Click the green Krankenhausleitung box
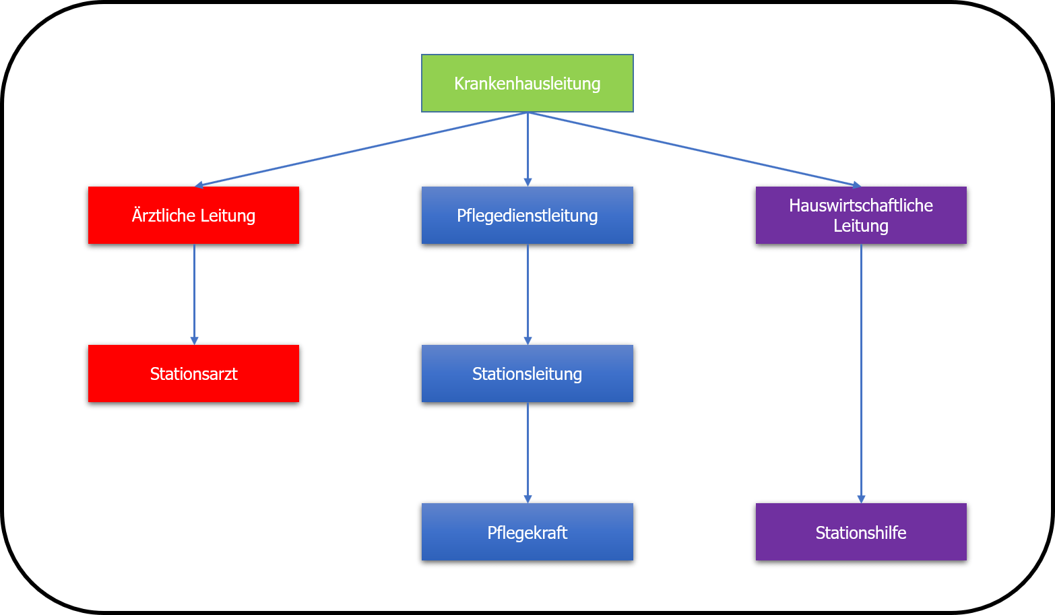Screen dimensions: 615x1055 coord(527,84)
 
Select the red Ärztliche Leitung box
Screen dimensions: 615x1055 coord(193,216)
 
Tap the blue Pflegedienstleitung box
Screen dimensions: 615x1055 coord(527,216)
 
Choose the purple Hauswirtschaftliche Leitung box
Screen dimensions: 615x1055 coord(860,216)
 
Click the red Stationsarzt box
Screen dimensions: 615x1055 coord(193,374)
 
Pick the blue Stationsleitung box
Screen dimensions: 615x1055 coord(527,374)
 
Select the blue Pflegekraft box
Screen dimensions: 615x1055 coord(527,532)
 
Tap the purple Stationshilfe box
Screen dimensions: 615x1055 coord(860,532)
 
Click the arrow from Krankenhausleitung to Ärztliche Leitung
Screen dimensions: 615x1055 coord(360,150)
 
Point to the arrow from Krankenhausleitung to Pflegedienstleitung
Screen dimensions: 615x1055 coord(527,148)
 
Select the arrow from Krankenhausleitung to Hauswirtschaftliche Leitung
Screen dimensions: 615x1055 coord(694,150)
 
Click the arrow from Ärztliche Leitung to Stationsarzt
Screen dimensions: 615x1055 coord(194,293)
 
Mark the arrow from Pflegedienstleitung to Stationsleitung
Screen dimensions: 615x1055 coord(527,293)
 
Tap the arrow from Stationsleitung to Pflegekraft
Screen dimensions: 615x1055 coord(527,451)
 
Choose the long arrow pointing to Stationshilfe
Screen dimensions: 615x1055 coord(861,370)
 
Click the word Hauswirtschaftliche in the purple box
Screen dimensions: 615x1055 coord(860,205)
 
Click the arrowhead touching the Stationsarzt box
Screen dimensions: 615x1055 coord(194,340)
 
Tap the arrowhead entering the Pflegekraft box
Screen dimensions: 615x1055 coord(527,498)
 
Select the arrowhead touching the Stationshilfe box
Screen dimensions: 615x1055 coord(861,498)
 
